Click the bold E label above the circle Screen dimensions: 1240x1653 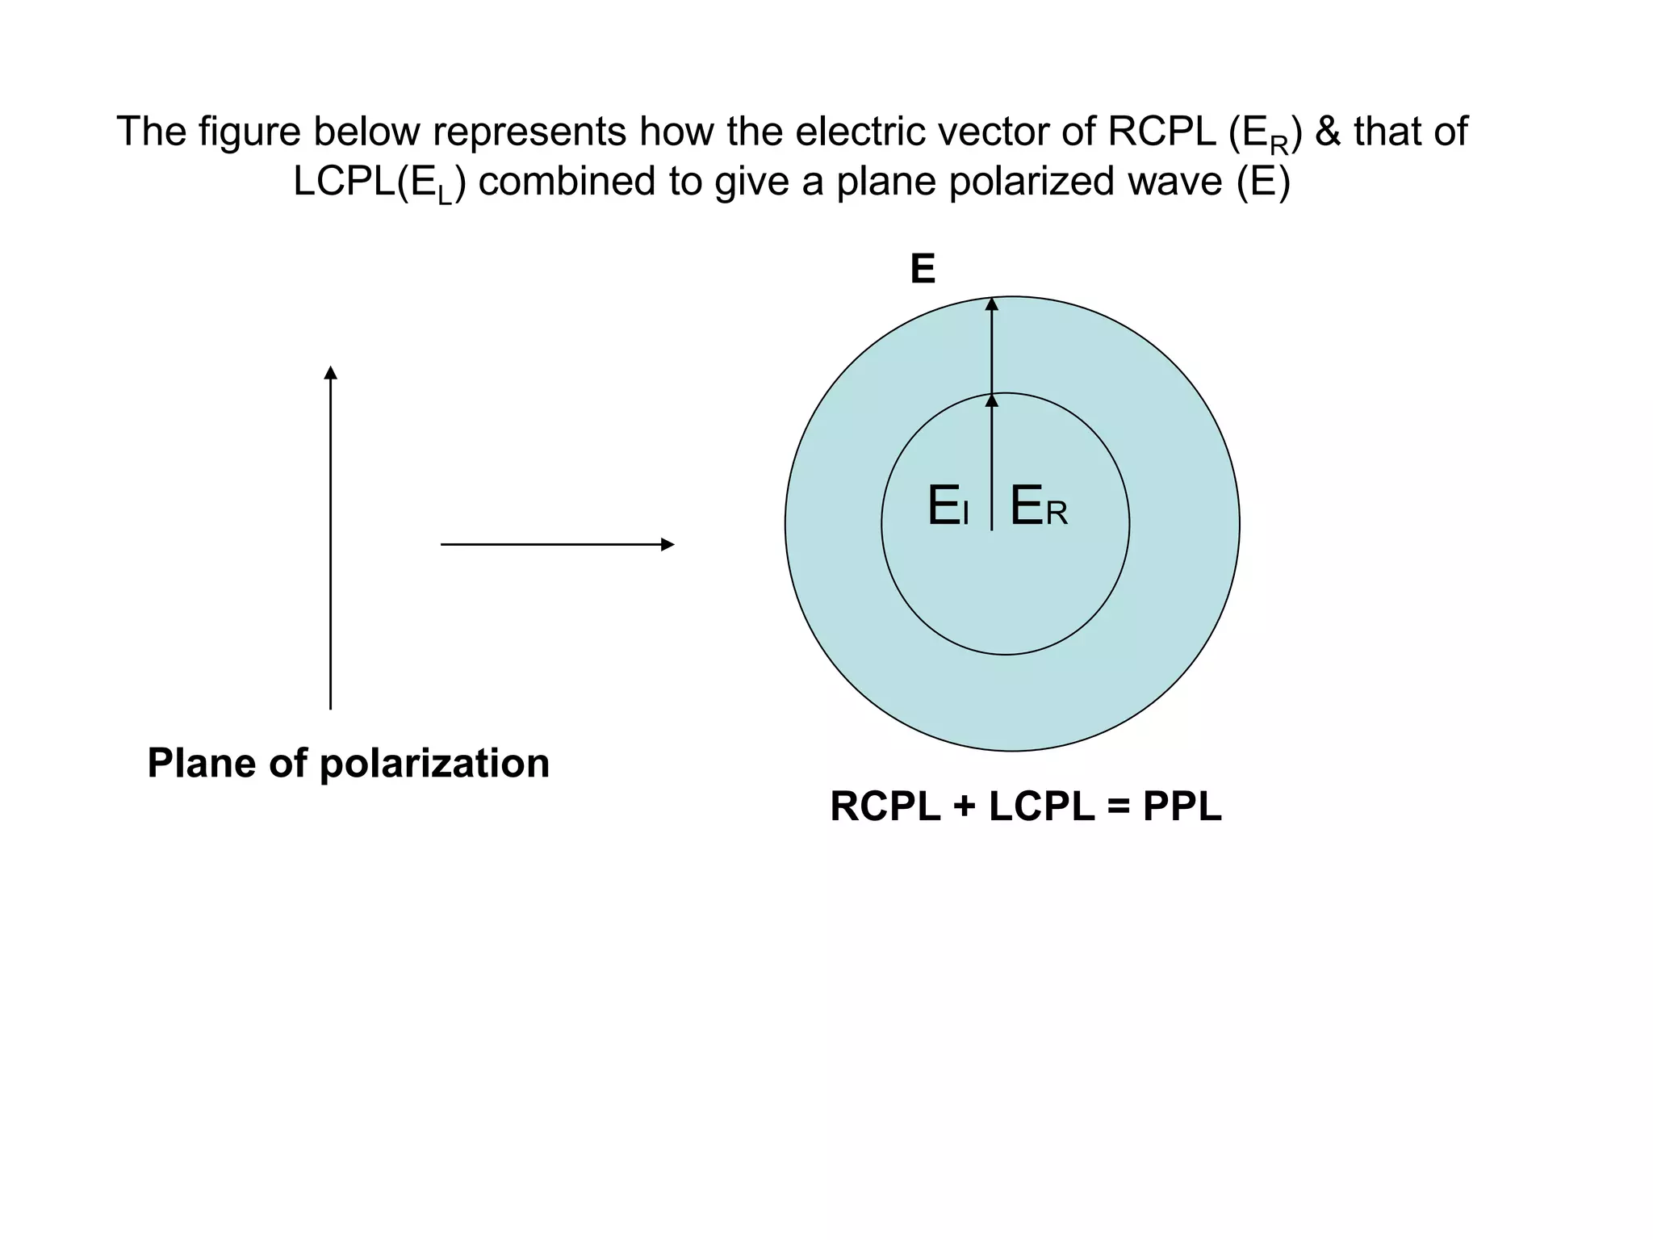(x=923, y=269)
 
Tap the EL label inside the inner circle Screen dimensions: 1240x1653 (x=948, y=507)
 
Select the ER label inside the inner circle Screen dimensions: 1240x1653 (x=1039, y=507)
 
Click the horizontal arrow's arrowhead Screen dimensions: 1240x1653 (x=667, y=545)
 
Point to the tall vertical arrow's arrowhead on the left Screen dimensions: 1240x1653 (x=330, y=373)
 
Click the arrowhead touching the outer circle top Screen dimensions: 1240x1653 (x=992, y=304)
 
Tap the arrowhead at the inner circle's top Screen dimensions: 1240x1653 (x=992, y=400)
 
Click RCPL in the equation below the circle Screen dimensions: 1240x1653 (x=885, y=806)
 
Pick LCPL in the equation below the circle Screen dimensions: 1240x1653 (x=1041, y=806)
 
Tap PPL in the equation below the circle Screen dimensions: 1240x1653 (x=1182, y=806)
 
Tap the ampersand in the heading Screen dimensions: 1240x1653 (x=1328, y=132)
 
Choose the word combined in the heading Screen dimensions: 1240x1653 (x=567, y=182)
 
